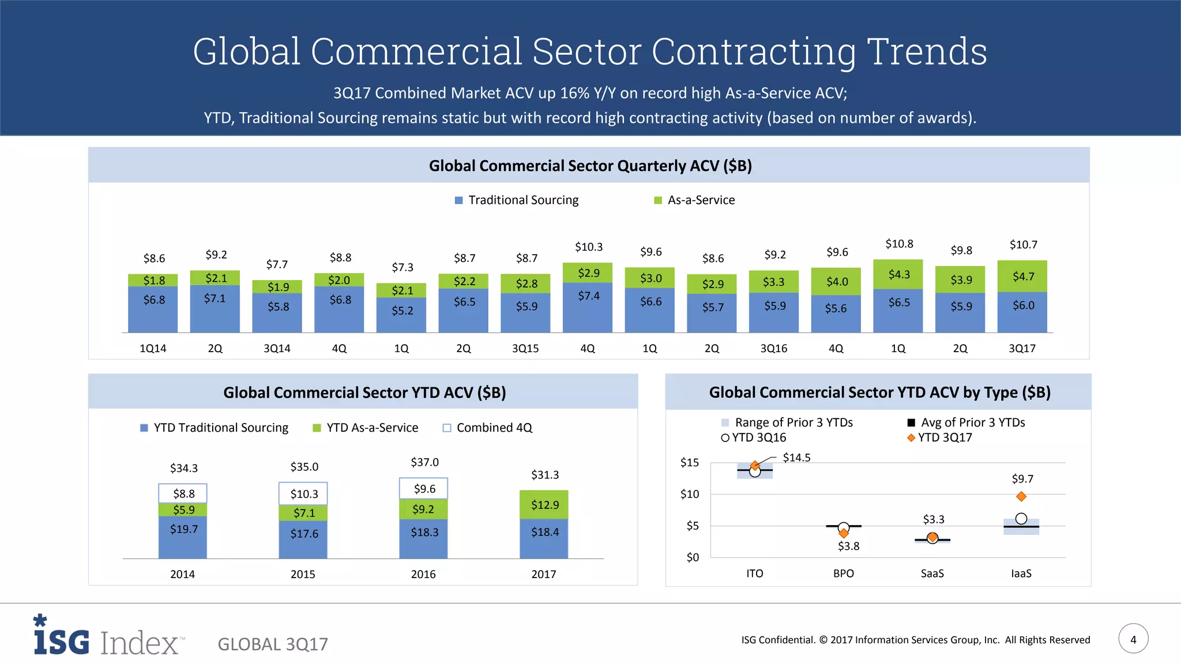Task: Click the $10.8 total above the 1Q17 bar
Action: click(899, 244)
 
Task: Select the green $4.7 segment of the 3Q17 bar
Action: click(1023, 277)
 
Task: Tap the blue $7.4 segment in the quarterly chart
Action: click(588, 296)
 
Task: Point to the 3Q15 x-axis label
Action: click(525, 349)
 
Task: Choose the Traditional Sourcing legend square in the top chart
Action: click(459, 201)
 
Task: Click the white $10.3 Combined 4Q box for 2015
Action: click(303, 494)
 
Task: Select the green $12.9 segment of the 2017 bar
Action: click(544, 505)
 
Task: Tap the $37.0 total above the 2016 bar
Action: click(424, 462)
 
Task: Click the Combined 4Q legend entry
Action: click(487, 428)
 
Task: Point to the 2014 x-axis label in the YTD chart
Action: click(182, 574)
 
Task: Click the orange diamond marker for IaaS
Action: click(1021, 496)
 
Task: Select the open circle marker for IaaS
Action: click(1021, 519)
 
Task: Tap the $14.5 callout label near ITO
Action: click(796, 458)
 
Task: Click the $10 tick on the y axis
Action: click(690, 494)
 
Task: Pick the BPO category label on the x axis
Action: click(843, 574)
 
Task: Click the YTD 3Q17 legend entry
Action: click(939, 437)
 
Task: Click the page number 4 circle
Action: click(1133, 639)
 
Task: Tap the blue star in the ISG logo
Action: click(40, 620)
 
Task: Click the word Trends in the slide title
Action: click(927, 52)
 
